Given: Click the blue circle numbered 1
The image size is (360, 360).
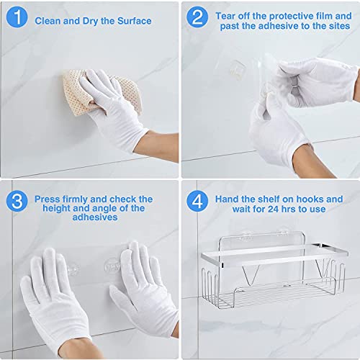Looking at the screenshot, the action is click(x=17, y=17).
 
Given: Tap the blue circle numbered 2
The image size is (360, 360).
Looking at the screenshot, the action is click(x=197, y=17).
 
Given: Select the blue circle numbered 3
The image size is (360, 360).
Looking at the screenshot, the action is click(x=17, y=201).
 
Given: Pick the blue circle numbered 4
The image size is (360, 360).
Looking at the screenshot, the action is click(x=197, y=201).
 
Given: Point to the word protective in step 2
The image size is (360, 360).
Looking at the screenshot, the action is click(x=289, y=16).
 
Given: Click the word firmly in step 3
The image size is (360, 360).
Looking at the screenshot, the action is click(x=75, y=199).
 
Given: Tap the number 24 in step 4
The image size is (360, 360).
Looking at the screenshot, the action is click(x=273, y=209).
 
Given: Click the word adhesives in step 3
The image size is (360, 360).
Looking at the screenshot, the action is click(x=95, y=217).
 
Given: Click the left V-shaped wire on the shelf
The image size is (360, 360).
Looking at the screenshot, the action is click(x=250, y=276).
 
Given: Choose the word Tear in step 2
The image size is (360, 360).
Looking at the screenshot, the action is click(x=225, y=16).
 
